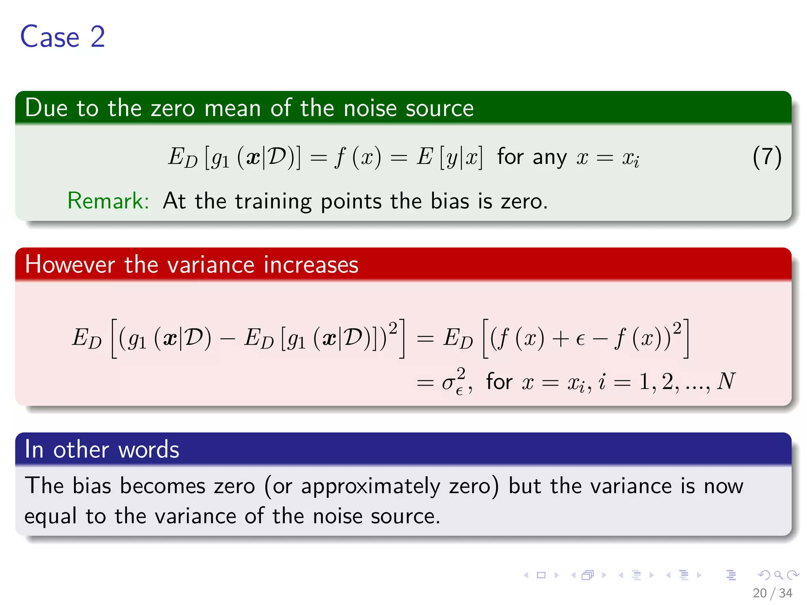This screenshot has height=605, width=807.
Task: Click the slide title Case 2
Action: pos(63,37)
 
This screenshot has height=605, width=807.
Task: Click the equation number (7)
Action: pos(767,157)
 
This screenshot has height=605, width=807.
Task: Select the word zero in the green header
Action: pos(173,108)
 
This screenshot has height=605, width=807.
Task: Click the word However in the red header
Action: pos(70,264)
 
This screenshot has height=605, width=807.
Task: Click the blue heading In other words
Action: pos(102,449)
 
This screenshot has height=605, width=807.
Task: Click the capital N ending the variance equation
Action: pos(726,381)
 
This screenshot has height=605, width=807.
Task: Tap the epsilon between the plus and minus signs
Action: pos(580,339)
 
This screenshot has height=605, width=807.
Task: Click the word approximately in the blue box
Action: pos(370,486)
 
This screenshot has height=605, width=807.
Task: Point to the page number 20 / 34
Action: pos(772,593)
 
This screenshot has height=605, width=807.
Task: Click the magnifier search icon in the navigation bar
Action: pos(778,575)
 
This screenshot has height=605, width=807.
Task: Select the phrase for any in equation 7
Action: pos(532,157)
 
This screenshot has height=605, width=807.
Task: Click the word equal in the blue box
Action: pos(50,517)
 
